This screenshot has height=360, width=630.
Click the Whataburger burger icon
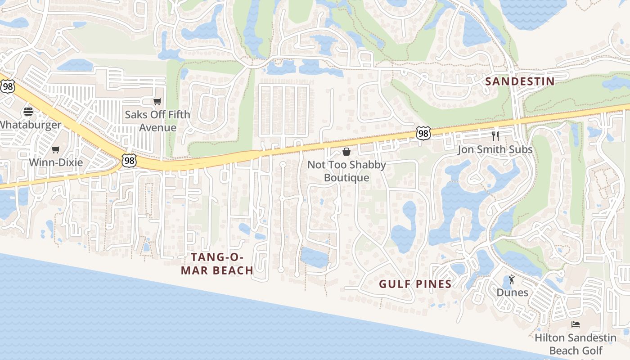pos(28,112)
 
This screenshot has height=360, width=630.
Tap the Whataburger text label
pos(31,125)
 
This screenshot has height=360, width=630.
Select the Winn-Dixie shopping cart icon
pos(56,149)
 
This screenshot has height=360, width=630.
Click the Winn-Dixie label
pos(56,162)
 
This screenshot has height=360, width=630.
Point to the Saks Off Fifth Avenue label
pos(157,121)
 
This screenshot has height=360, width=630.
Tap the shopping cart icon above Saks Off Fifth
pos(157,101)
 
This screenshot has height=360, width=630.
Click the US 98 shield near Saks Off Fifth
pos(129,160)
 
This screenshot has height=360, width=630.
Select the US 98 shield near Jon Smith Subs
pos(423,133)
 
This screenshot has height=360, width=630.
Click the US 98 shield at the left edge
pos(7,86)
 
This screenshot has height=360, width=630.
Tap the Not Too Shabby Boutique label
pos(346,171)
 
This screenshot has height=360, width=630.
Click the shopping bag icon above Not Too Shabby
pos(346,152)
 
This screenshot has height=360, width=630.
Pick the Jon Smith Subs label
pos(495,149)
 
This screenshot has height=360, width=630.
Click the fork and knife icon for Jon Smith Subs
pos(495,136)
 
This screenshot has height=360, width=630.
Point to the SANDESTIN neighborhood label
pos(519,81)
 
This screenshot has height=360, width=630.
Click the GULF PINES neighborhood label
pos(415,284)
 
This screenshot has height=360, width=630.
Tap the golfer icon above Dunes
pos(512,280)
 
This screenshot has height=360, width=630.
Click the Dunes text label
pos(512,292)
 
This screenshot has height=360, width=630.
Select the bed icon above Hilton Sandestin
pos(575,324)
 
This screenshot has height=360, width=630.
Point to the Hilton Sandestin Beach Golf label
pos(576,344)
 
